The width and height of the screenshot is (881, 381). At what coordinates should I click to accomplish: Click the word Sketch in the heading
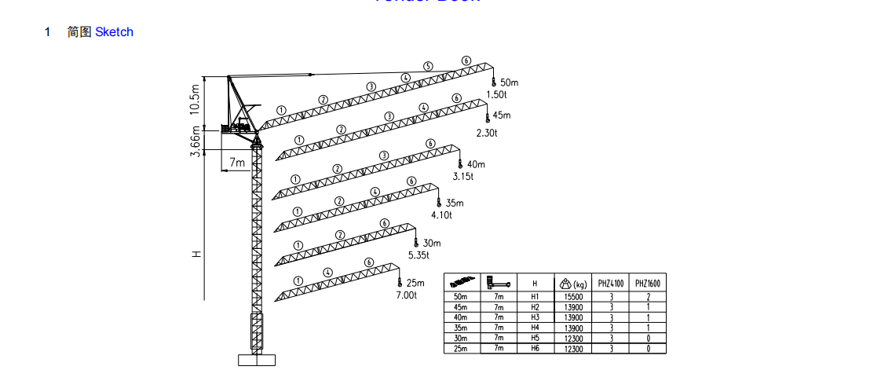click(114, 32)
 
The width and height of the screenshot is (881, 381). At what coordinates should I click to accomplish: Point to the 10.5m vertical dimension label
click(196, 100)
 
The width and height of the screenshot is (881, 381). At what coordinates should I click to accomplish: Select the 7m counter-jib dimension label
click(237, 163)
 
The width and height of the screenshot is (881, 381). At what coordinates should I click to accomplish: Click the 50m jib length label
click(509, 82)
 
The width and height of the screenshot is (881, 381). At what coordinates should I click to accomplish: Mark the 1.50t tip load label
click(497, 94)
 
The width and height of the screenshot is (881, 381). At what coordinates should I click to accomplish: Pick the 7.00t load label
click(407, 295)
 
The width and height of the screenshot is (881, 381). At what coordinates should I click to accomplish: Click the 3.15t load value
click(463, 177)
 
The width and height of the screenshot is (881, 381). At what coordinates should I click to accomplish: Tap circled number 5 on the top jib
click(428, 66)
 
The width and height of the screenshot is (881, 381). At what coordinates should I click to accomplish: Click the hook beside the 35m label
click(439, 203)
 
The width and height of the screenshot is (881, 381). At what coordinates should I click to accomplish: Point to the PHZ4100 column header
click(611, 284)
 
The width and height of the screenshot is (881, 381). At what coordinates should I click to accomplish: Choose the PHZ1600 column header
click(648, 284)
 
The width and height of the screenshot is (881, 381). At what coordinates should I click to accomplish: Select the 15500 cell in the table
click(573, 297)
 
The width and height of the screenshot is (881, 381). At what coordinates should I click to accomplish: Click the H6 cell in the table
click(536, 348)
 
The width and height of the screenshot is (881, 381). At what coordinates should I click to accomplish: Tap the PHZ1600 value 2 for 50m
click(648, 297)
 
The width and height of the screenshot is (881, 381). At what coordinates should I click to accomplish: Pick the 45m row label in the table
click(461, 307)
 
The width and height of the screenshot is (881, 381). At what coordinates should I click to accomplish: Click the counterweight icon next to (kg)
click(565, 284)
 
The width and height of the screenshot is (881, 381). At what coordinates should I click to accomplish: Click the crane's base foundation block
click(257, 360)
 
